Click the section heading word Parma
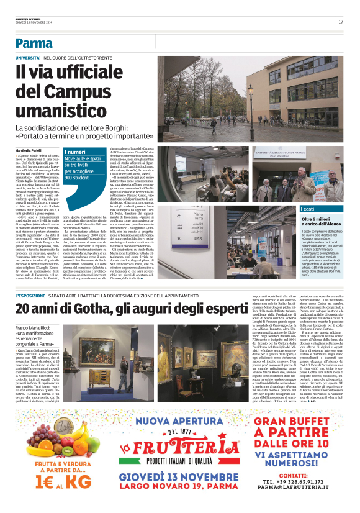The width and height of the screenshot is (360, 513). click(34, 43)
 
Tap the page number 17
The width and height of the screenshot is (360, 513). click(341, 22)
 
